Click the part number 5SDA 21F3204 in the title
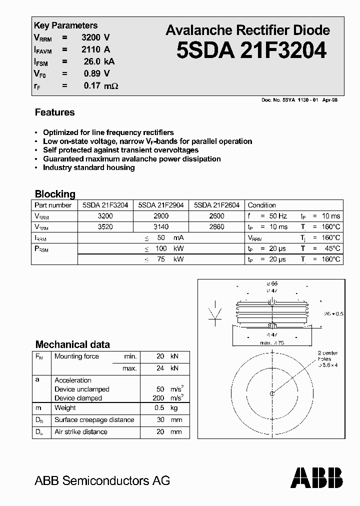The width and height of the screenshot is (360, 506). click(x=251, y=50)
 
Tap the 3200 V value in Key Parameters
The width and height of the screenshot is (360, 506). click(x=95, y=37)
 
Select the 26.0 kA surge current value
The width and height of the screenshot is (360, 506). click(x=99, y=61)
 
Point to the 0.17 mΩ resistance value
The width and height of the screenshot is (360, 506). click(x=100, y=86)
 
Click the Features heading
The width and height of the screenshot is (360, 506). click(x=54, y=112)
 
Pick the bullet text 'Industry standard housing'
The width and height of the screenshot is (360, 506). click(x=88, y=167)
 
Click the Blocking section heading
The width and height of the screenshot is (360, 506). click(x=55, y=194)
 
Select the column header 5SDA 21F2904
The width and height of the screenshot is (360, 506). click(x=160, y=205)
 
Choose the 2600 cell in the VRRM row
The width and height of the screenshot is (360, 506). click(x=216, y=216)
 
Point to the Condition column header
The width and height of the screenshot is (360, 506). click(x=261, y=205)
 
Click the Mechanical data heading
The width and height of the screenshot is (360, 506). click(x=72, y=344)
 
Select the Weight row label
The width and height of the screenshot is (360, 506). click(x=65, y=408)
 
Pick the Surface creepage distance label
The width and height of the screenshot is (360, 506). click(x=94, y=420)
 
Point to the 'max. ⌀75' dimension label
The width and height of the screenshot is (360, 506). click(x=272, y=342)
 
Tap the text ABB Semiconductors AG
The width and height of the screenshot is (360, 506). click(x=102, y=481)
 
